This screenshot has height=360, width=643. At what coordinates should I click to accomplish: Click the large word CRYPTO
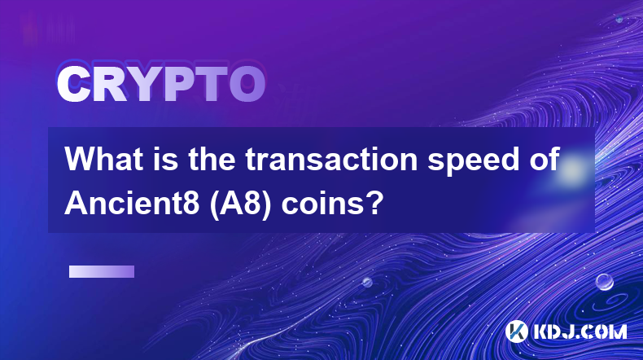pyautogui.click(x=161, y=85)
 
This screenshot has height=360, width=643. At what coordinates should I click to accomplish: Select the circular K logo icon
pyautogui.click(x=516, y=331)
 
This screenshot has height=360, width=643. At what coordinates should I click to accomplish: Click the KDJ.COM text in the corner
pyautogui.click(x=580, y=331)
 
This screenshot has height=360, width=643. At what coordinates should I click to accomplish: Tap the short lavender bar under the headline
pyautogui.click(x=102, y=272)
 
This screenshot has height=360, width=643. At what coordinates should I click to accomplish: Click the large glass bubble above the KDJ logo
pyautogui.click(x=605, y=282)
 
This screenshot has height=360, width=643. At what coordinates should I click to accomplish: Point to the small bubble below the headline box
pyautogui.click(x=367, y=283)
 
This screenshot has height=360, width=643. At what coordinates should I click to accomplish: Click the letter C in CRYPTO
pyautogui.click(x=73, y=85)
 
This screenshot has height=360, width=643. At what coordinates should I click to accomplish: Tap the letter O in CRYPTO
pyautogui.click(x=247, y=85)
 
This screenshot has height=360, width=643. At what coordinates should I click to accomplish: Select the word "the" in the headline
pyautogui.click(x=212, y=159)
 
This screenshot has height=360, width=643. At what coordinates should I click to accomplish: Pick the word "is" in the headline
pyautogui.click(x=166, y=159)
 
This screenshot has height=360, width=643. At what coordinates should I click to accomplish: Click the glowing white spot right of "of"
pyautogui.click(x=573, y=169)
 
